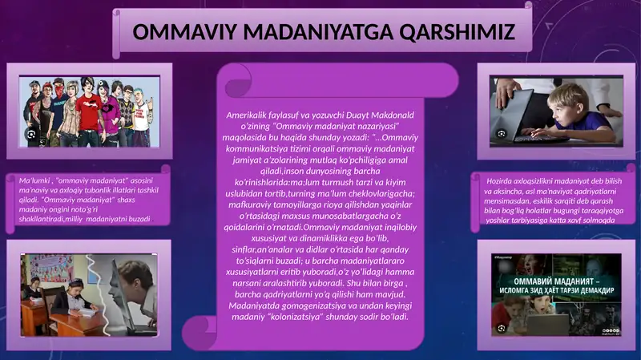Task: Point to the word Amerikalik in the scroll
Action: click(x=255, y=116)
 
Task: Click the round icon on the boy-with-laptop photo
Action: click(x=502, y=133)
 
